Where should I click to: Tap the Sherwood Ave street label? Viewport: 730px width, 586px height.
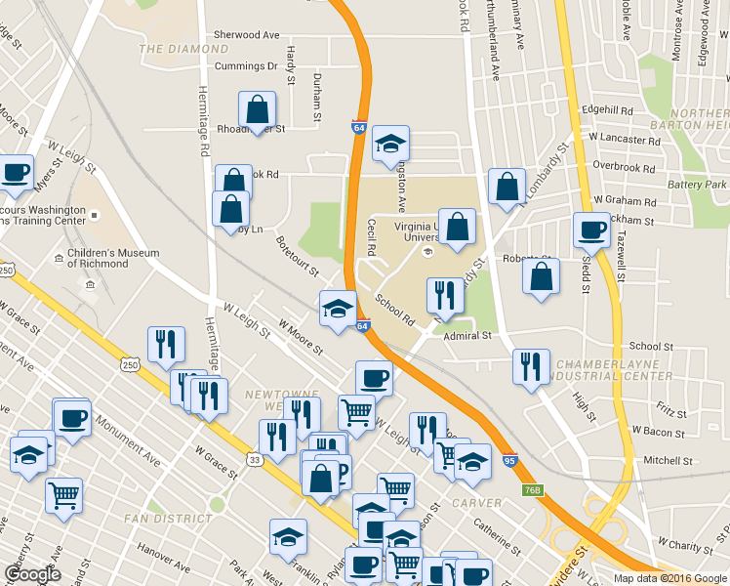click(247, 34)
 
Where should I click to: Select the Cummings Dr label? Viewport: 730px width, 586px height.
click(247, 66)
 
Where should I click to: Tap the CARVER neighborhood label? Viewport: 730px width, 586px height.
click(476, 503)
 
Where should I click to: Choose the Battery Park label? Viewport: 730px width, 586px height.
click(697, 185)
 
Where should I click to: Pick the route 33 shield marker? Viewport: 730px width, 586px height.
click(254, 459)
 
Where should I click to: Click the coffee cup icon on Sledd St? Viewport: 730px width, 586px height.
click(591, 231)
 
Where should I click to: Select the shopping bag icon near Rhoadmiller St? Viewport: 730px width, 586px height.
click(257, 109)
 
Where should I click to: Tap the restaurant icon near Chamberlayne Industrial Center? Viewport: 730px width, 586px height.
click(531, 366)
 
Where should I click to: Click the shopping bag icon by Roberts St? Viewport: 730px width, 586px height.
click(542, 275)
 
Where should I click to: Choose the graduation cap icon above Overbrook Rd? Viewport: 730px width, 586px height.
click(390, 145)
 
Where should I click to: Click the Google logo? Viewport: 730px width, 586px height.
click(32, 575)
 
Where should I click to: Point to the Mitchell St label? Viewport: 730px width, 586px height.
click(668, 460)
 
